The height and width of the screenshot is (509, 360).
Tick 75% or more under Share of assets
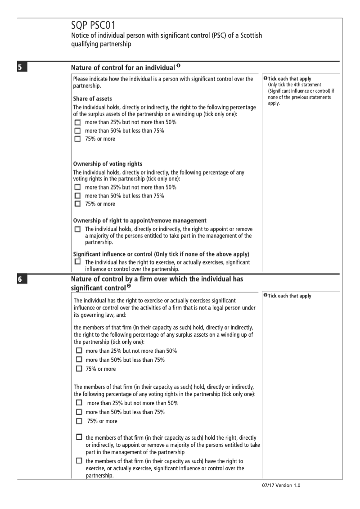tap(78, 139)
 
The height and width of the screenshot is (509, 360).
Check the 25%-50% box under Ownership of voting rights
tap(78, 187)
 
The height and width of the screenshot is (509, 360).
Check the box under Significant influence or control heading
tap(78, 261)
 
